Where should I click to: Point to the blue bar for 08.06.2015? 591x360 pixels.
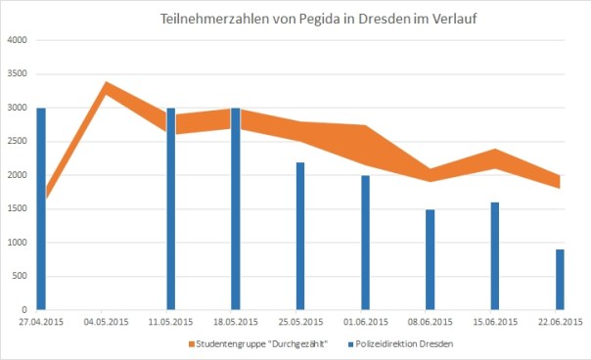pos(430,258)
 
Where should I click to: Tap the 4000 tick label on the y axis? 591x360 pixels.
pos(18,40)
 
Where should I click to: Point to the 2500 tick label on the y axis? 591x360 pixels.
pos(18,142)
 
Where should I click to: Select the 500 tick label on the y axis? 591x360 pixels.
pos(22,277)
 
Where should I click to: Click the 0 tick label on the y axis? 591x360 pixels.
pos(26,310)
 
